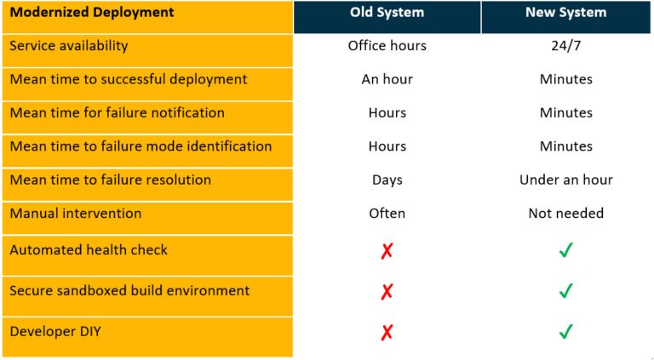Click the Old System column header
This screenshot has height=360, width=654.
(387, 13)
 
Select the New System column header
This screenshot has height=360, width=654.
(566, 13)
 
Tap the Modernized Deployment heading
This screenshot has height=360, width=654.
(92, 13)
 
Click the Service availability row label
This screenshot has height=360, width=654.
(69, 46)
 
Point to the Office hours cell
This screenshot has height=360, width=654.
(387, 46)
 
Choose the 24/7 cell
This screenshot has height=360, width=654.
(566, 46)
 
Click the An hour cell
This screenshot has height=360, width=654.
(387, 79)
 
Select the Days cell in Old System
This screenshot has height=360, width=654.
(387, 180)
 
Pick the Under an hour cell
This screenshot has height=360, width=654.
(566, 180)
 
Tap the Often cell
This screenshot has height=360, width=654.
(387, 213)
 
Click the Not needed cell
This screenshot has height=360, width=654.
(566, 213)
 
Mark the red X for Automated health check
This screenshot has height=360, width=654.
(387, 251)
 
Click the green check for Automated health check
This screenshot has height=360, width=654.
(566, 250)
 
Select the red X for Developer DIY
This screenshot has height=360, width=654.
(387, 332)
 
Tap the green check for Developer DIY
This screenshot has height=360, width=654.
(566, 331)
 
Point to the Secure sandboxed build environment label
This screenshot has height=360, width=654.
(129, 290)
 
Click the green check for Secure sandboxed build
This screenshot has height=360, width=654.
(566, 291)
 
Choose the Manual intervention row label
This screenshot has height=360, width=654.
(76, 213)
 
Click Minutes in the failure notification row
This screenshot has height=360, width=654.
(566, 112)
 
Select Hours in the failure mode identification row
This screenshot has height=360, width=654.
(387, 146)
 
